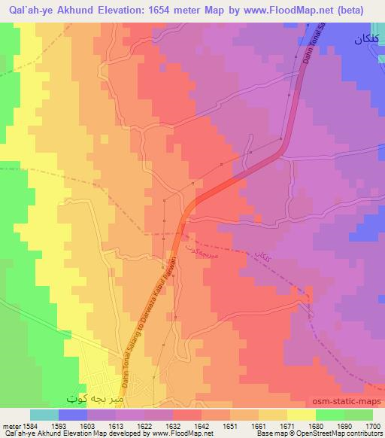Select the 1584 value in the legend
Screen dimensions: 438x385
click(25, 425)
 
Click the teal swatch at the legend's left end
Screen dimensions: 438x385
click(44, 415)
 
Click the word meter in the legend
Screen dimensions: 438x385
click(9, 425)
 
